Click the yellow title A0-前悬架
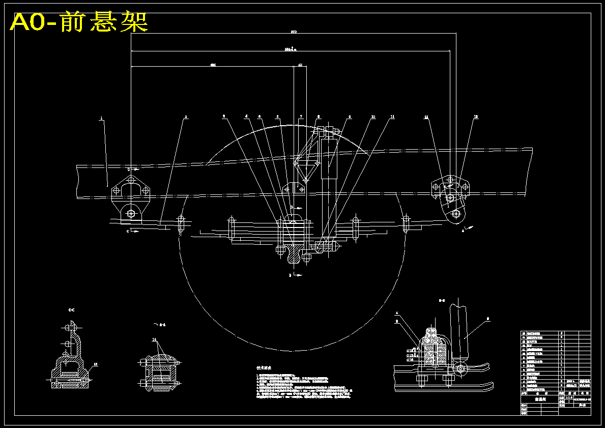pos(79,22)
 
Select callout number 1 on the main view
pos(101,118)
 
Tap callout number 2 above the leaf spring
pos(186,117)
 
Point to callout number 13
pos(476,117)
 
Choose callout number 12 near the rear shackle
pos(426,117)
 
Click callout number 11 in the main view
pos(392,117)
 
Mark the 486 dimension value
pos(213,65)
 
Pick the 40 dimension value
pos(300,65)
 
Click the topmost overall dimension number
pos(294,32)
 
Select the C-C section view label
pos(72,309)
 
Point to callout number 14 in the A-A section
pos(154,339)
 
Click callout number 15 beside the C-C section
pos(95,364)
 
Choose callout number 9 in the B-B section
pos(487,319)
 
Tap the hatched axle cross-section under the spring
pos(293,253)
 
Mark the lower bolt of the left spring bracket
pos(131,213)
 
